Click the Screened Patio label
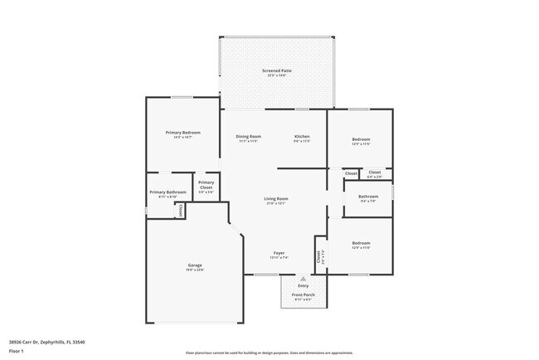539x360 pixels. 278,71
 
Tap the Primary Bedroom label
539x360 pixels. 182,133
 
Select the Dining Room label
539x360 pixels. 249,136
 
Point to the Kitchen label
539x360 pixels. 303,136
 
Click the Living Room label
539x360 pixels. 276,199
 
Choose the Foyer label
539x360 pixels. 279,253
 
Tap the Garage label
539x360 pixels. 194,265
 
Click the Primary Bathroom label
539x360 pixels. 168,192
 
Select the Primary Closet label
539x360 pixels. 206,185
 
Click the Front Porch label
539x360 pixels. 303,294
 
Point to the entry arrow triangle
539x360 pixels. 303,280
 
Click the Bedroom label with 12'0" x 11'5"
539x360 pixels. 361,139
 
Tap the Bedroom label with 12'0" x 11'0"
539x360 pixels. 361,244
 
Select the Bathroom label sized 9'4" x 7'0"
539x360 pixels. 367,197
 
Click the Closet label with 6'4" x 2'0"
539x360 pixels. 375,173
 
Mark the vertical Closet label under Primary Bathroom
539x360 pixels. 180,211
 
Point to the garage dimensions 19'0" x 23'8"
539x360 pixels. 194,270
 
